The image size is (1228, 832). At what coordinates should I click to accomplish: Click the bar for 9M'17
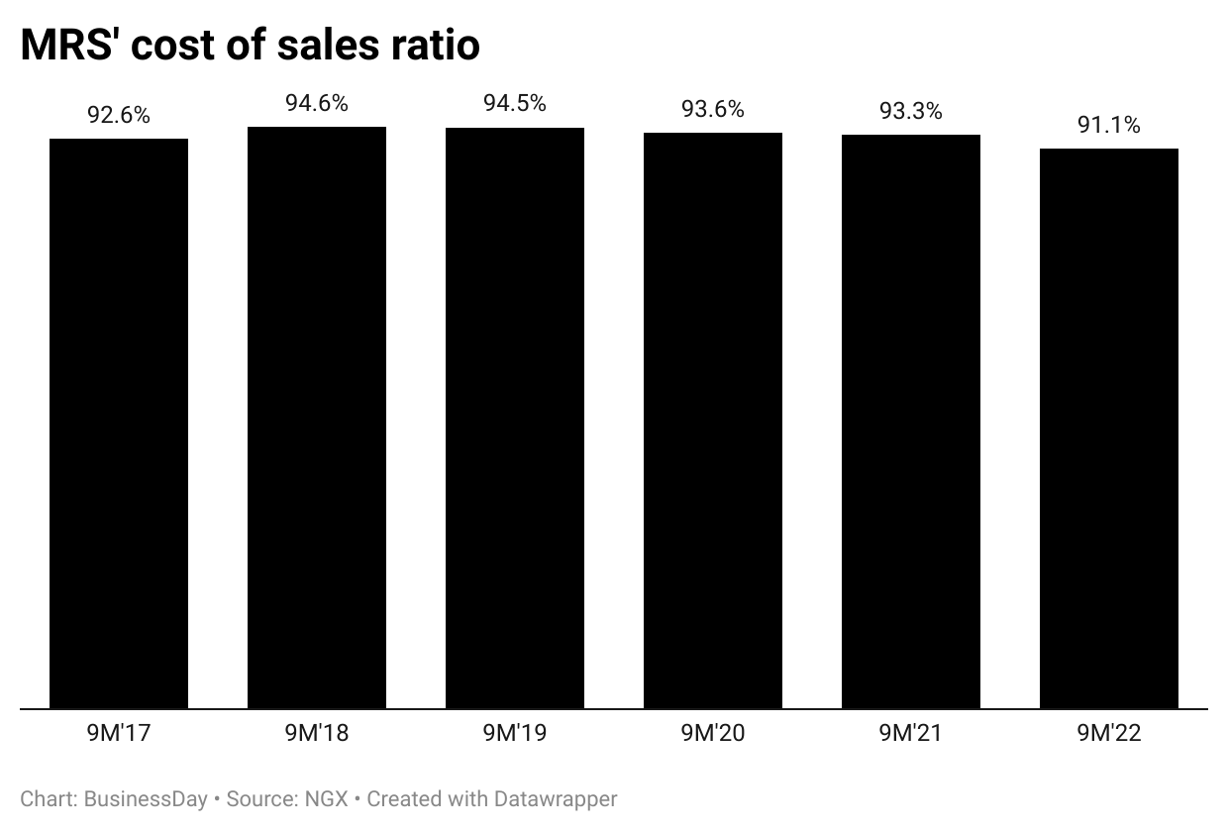tap(119, 424)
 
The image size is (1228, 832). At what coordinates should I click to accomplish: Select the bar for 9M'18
tap(317, 418)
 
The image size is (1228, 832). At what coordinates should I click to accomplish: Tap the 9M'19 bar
tap(515, 418)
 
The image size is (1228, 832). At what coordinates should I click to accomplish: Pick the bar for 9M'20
tap(713, 421)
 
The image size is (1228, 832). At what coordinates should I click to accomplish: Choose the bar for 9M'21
tap(911, 422)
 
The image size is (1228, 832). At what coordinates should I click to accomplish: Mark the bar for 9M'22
tap(1109, 429)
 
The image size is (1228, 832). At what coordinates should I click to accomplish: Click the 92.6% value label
tap(119, 115)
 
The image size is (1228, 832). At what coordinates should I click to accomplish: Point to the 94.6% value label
tap(317, 103)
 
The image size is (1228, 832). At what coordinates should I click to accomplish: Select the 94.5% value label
tap(515, 103)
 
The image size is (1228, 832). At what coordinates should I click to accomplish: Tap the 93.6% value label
tap(713, 109)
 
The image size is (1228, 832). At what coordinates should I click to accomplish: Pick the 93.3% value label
tap(911, 111)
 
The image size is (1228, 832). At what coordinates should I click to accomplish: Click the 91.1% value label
tap(1109, 125)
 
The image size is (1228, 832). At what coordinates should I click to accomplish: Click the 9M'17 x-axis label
tap(119, 734)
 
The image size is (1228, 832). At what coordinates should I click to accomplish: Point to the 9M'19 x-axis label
tap(515, 734)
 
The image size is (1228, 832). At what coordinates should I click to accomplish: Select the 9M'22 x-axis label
tap(1109, 734)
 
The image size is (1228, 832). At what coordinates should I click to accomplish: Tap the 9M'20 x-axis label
tap(713, 734)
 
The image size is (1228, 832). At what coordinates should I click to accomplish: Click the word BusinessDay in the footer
tap(146, 798)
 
